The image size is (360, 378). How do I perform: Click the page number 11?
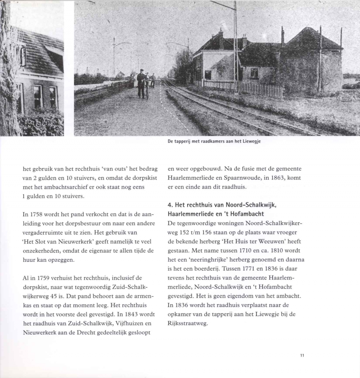[x=302, y=355]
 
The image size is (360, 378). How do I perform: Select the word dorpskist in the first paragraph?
[x=145, y=178]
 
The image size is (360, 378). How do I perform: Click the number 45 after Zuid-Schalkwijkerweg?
[x=54, y=296]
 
